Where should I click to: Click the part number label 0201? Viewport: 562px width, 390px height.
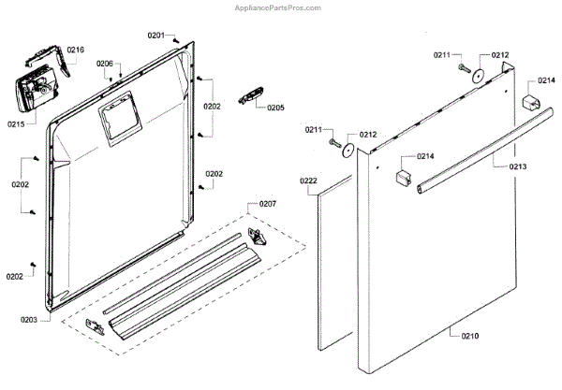155,36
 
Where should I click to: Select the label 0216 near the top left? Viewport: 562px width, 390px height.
76,49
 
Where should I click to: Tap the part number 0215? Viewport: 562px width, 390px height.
16,123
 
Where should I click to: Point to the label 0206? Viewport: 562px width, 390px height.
105,64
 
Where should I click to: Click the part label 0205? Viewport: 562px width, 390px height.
275,108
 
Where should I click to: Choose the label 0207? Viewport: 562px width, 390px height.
268,204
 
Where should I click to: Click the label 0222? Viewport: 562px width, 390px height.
308,179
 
